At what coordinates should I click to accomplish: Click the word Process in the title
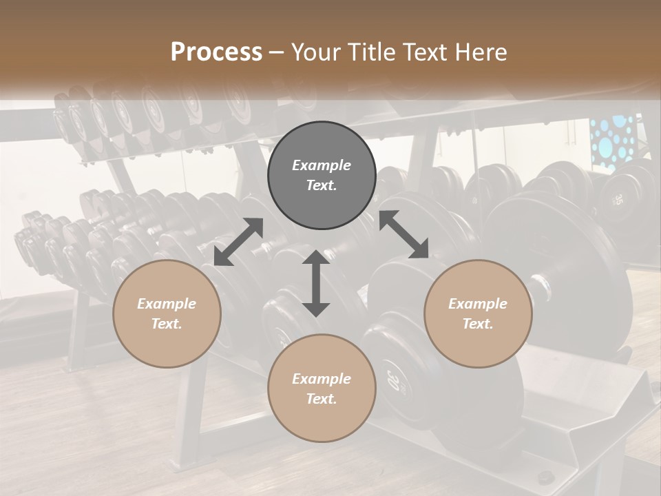coord(216,52)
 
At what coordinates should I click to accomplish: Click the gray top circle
coord(322,176)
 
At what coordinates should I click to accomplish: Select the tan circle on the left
coord(167,313)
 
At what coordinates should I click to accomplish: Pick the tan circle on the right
coord(478,313)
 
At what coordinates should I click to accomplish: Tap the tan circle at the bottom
coord(322,389)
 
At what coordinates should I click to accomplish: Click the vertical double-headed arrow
coord(316,283)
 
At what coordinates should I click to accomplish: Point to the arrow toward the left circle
coord(238,242)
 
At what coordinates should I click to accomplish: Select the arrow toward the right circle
coord(403,234)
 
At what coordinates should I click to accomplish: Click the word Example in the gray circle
coord(322,165)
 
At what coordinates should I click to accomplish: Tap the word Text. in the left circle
coord(167,324)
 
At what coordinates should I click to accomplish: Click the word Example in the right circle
coord(478,304)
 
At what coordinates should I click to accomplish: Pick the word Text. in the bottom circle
coord(322,399)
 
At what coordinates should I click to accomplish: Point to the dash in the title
coord(277,52)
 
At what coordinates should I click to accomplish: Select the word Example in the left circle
coord(167,304)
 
